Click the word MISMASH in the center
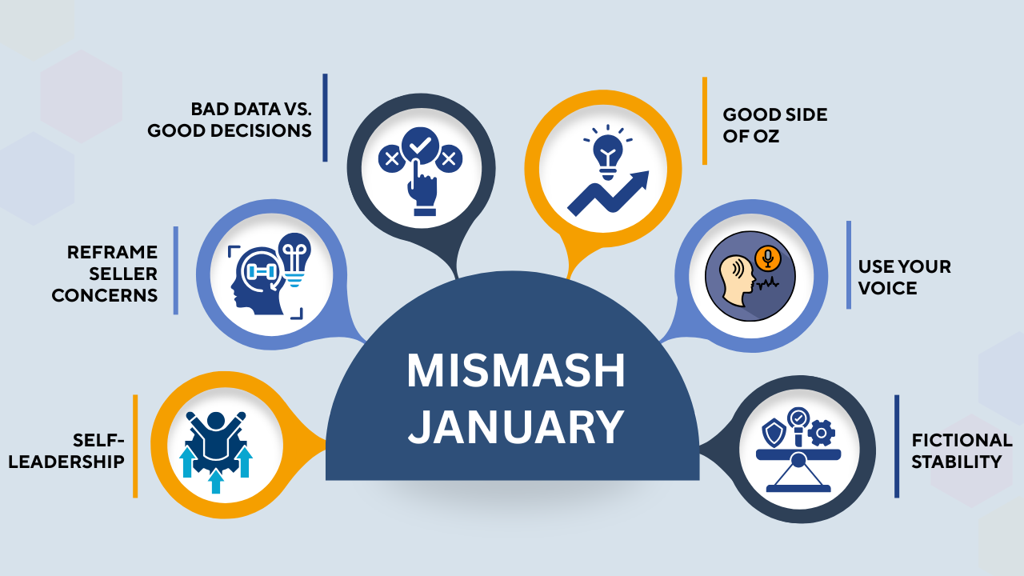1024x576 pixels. coord(515,370)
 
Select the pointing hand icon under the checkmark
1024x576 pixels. coord(422,190)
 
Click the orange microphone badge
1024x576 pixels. coord(769,257)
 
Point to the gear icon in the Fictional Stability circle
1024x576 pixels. coord(821,434)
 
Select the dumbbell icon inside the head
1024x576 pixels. coord(262,271)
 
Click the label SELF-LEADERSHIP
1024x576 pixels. coord(78,450)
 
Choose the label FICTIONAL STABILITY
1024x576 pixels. coord(962,450)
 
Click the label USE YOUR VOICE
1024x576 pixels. coord(904,277)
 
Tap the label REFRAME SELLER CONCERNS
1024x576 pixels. coord(106,274)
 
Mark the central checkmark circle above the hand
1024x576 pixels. coord(420,146)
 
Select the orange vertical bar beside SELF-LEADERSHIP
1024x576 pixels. coord(135,446)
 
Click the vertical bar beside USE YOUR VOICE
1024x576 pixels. coord(849,265)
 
